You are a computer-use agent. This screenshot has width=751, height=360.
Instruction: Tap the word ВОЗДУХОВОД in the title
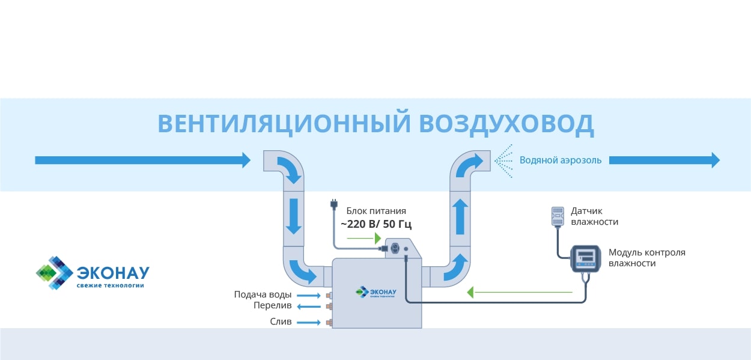(506, 124)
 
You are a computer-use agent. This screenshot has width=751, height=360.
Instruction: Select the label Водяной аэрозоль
(561, 160)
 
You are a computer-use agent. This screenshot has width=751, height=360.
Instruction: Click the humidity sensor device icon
(558, 216)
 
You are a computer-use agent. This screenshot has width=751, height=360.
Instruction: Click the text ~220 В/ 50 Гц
(376, 224)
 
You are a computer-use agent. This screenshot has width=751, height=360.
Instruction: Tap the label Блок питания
(376, 211)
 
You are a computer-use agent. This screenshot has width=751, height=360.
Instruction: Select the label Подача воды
(263, 294)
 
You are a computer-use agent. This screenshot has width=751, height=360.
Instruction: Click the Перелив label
(272, 306)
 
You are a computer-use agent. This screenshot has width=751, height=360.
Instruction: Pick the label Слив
(281, 322)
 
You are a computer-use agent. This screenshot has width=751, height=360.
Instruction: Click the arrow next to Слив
(309, 322)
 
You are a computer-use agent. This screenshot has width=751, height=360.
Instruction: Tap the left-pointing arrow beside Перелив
(309, 307)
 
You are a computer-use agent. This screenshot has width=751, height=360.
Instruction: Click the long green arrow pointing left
(519, 293)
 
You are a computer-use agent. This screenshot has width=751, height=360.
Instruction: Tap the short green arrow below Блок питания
(364, 238)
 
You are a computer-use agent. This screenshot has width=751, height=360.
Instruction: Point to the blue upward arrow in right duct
(460, 217)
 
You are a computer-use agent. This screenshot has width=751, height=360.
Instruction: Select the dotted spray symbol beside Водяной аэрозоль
(503, 160)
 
